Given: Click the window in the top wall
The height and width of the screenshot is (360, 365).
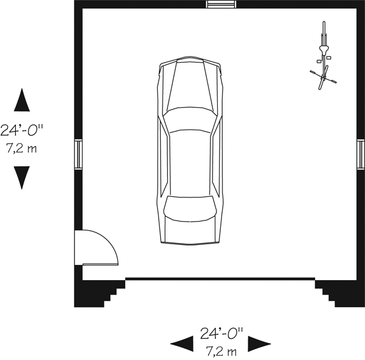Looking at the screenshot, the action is [221, 4].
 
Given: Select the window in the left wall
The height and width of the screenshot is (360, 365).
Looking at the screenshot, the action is [78, 154].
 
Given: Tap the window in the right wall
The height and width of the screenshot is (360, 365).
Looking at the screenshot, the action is [361, 154].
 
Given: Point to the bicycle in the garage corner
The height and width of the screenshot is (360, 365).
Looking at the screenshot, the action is [323, 55].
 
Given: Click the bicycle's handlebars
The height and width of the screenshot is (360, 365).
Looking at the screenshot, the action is [323, 77].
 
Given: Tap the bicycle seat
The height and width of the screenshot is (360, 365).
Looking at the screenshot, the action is [324, 49].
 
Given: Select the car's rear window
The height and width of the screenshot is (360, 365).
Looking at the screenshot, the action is [190, 208].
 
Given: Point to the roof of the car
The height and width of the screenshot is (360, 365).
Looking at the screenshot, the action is [190, 163].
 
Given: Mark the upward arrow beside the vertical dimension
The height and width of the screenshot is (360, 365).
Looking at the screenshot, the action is [22, 100].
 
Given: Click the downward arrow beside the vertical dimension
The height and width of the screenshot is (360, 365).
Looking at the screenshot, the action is [22, 178].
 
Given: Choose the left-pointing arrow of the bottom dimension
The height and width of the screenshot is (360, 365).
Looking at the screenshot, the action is [182, 344].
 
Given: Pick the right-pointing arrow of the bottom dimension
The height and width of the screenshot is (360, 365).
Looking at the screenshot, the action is [259, 344].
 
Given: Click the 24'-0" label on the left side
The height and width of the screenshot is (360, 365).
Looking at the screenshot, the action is [22, 130].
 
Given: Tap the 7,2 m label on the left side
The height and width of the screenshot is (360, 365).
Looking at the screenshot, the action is [21, 148].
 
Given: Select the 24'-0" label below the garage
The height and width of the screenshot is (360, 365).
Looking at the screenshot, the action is [221, 334].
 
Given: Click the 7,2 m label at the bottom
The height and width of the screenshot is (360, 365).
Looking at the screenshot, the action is [221, 351].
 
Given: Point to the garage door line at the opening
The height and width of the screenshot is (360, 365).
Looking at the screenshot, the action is [220, 278].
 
